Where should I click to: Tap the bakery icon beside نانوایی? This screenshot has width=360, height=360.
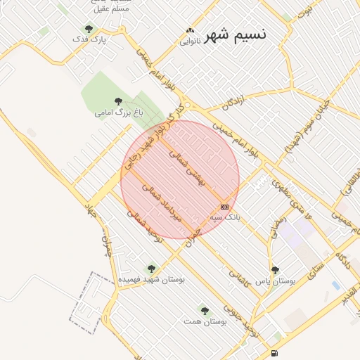(188, 30)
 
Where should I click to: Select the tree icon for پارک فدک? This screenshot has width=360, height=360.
(89, 29)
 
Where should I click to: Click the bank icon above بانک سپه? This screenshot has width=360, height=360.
(224, 207)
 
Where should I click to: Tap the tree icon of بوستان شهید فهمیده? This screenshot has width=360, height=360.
(151, 268)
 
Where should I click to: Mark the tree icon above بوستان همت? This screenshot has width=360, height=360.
(205, 310)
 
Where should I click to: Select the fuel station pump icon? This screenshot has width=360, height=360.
(274, 353)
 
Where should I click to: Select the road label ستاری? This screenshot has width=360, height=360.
(309, 265)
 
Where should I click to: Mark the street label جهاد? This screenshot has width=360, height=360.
(90, 212)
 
